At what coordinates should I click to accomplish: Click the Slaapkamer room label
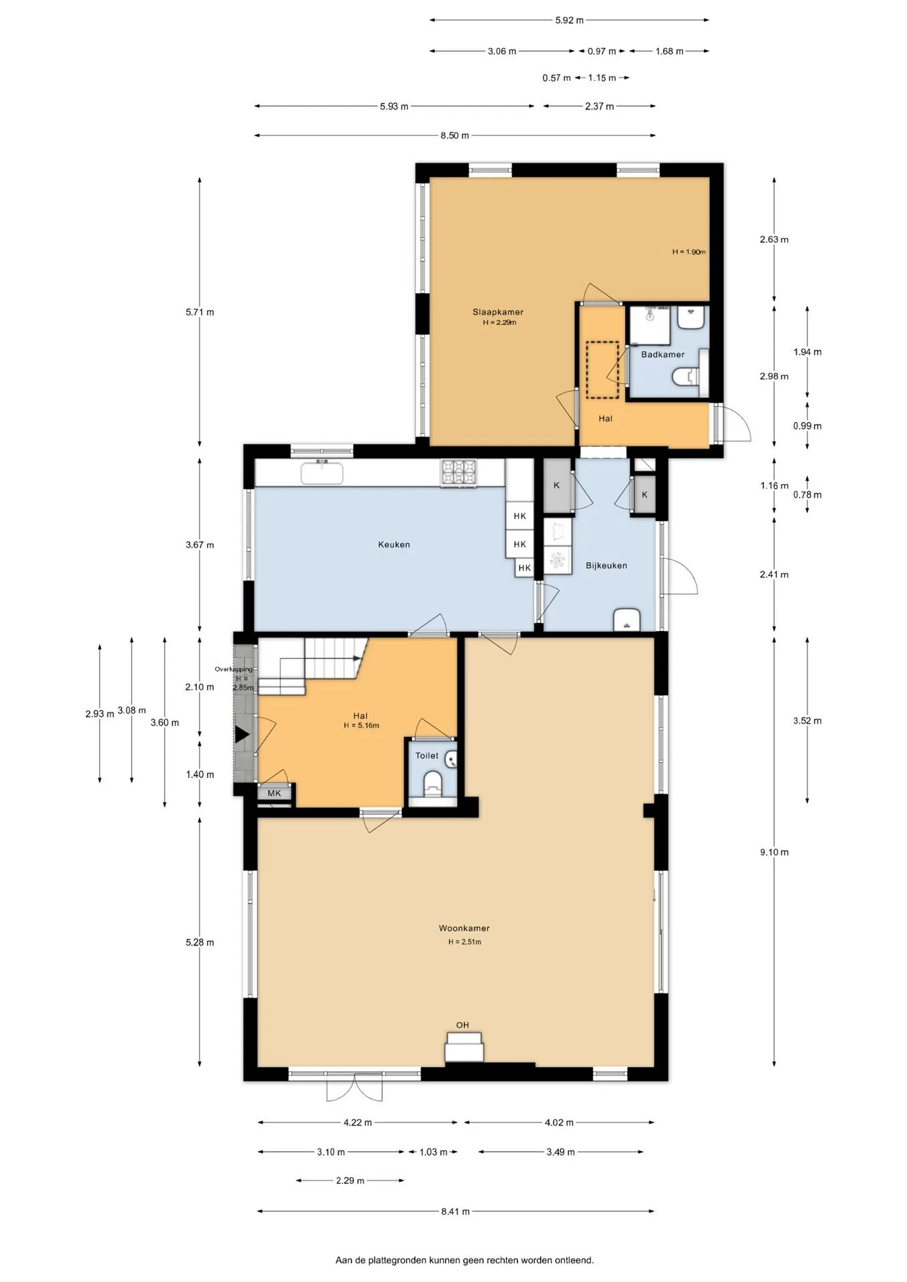498,312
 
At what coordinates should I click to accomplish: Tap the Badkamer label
663,355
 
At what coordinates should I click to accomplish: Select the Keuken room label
394,544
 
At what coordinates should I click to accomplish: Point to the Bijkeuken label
606,566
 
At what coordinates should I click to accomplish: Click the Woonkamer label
464,928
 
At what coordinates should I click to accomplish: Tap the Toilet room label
427,756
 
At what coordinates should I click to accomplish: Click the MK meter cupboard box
275,793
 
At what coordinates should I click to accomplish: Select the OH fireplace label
462,1025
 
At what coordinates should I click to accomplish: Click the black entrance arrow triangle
242,735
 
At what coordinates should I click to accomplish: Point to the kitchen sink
322,473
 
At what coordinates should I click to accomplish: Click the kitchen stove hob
459,473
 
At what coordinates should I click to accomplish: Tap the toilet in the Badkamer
685,377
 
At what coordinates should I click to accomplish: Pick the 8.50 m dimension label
455,136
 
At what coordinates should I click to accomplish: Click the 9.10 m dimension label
774,852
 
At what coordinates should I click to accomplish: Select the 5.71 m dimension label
200,312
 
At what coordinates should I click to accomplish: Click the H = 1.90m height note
689,252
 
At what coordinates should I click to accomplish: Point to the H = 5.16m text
361,725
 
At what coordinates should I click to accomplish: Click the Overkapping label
234,669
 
